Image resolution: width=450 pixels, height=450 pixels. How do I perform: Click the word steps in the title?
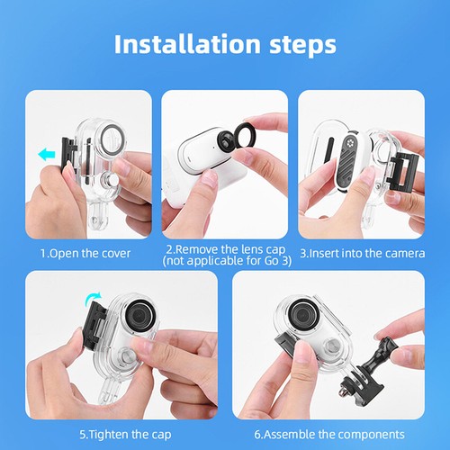[298, 43]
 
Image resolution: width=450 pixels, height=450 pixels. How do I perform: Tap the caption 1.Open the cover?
[85, 253]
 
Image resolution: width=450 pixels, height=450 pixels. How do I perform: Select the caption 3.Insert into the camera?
[363, 253]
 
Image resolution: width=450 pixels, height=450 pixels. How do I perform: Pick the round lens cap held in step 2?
[246, 140]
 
